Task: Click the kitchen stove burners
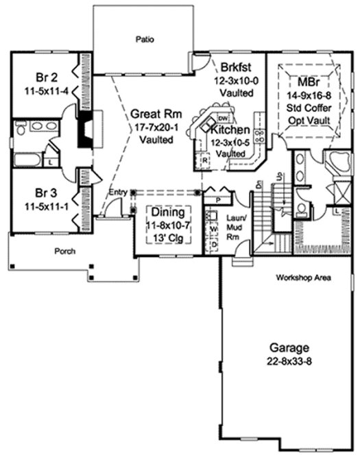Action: point(260,134)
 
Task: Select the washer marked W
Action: point(213,230)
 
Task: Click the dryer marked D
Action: point(213,243)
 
